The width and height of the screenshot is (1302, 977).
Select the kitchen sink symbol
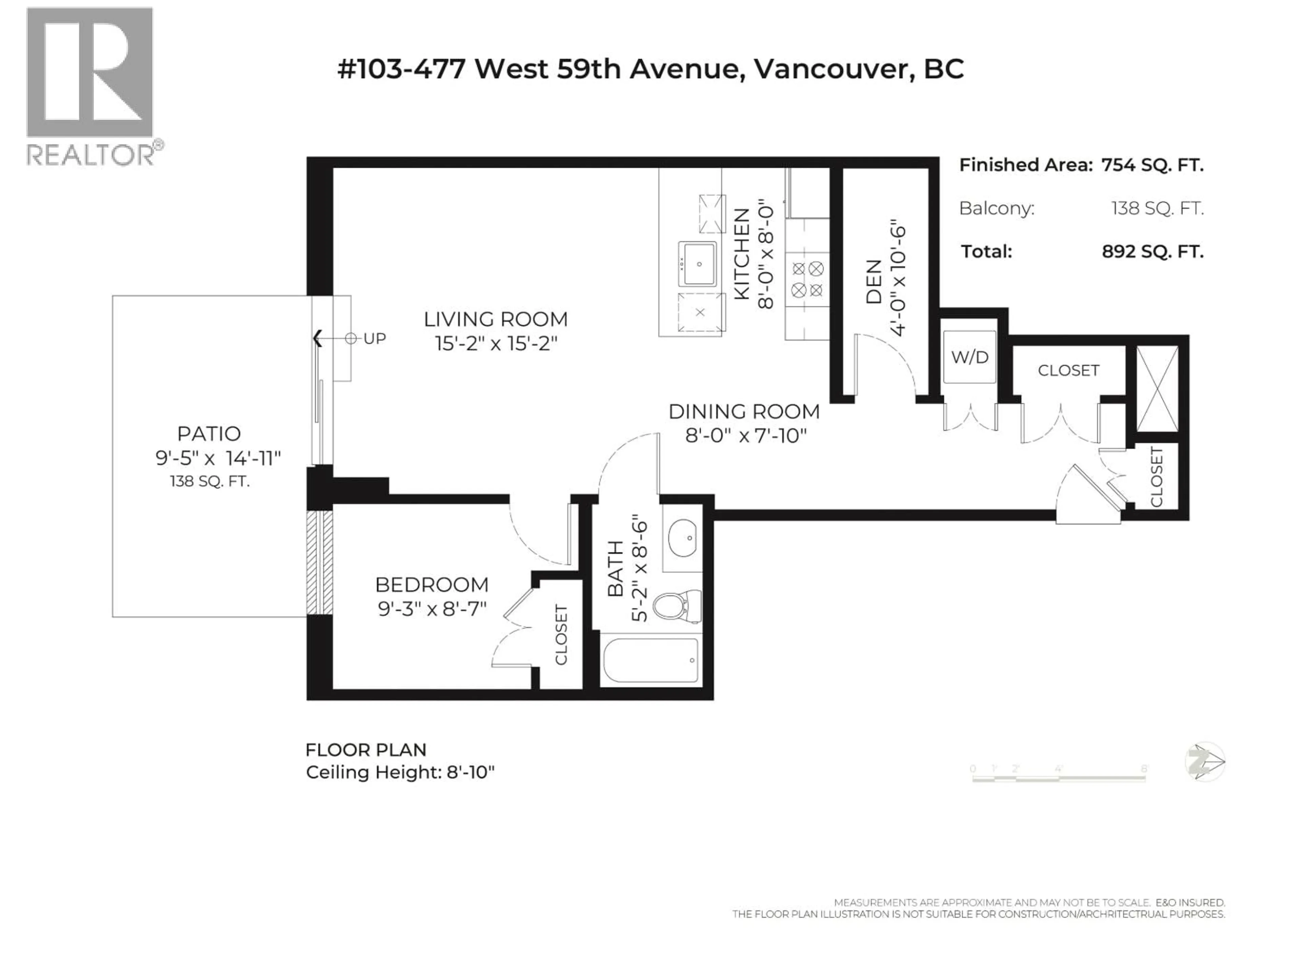(697, 264)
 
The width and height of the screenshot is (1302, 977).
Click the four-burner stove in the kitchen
(807, 280)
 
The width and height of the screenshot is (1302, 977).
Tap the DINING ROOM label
(744, 411)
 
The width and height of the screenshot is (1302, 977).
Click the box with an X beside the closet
(1157, 389)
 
